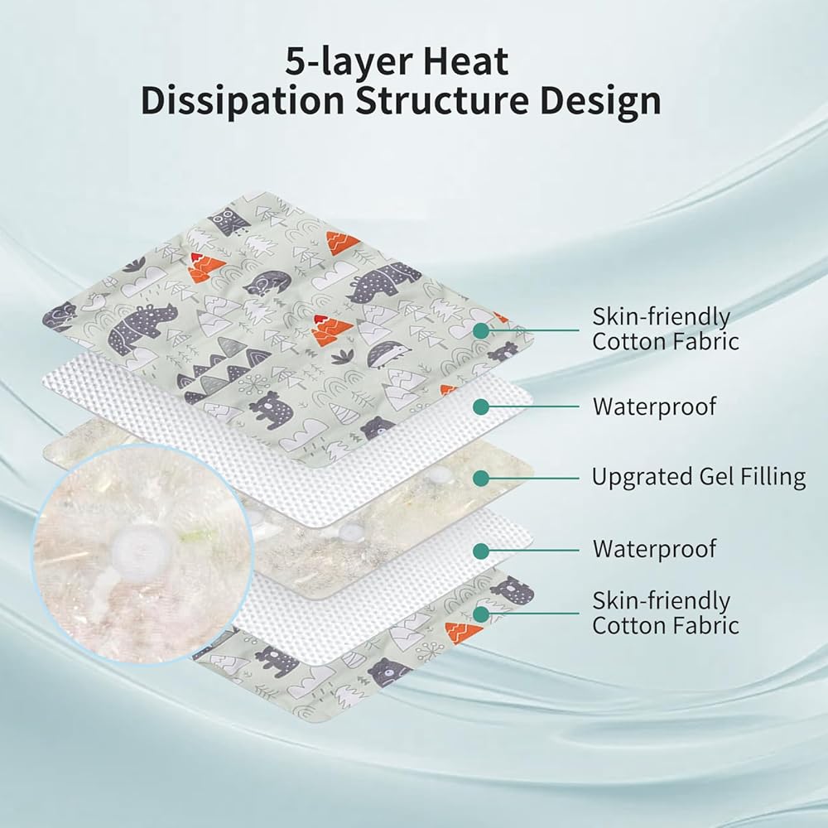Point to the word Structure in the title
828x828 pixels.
click(x=442, y=101)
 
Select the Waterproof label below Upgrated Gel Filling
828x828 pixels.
click(x=654, y=549)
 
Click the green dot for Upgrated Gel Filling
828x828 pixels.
click(x=480, y=479)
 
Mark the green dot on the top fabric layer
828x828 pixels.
click(x=480, y=331)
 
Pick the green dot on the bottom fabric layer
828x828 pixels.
click(x=480, y=614)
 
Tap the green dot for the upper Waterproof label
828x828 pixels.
click(x=480, y=407)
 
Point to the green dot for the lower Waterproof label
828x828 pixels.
click(x=480, y=551)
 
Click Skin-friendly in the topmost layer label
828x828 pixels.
click(x=661, y=317)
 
